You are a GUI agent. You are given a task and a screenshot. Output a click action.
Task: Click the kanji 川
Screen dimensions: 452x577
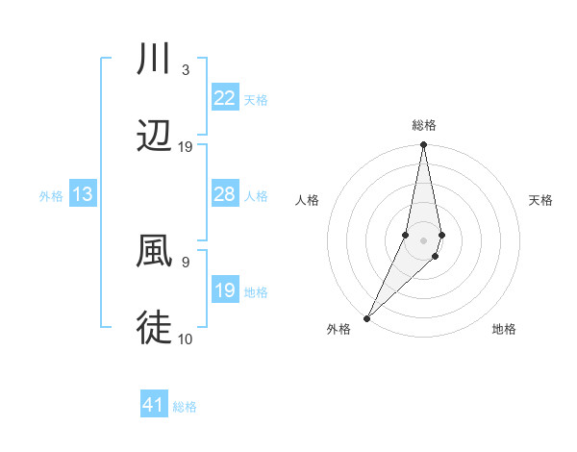pyautogui.click(x=155, y=60)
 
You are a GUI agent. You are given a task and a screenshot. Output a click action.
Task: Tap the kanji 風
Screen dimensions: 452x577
pyautogui.click(x=155, y=251)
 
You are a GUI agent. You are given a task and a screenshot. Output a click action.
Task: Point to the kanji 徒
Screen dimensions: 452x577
pyautogui.click(x=155, y=327)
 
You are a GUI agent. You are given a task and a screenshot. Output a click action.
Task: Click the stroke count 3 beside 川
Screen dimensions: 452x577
pyautogui.click(x=185, y=70)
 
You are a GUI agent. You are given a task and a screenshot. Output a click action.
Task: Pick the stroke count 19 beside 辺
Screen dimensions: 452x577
pyautogui.click(x=186, y=147)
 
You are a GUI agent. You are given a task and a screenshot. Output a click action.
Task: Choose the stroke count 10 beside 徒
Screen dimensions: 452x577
pyautogui.click(x=186, y=339)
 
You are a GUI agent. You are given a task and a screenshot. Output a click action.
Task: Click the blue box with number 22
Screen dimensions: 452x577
pyautogui.click(x=225, y=98)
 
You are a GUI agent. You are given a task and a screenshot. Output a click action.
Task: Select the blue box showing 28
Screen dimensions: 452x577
pyautogui.click(x=225, y=194)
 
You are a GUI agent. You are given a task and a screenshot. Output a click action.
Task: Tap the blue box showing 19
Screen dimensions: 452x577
pyautogui.click(x=225, y=290)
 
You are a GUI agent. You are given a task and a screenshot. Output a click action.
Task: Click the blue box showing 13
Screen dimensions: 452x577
pyautogui.click(x=83, y=194)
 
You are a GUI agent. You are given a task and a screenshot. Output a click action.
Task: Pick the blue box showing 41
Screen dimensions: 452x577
pyautogui.click(x=154, y=405)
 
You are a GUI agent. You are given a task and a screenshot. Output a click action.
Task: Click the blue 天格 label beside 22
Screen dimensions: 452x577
pyautogui.click(x=256, y=99)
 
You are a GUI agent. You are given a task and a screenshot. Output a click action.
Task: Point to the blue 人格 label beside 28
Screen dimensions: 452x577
pyautogui.click(x=256, y=195)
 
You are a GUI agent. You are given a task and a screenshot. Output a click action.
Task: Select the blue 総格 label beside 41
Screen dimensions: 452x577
pyautogui.click(x=185, y=406)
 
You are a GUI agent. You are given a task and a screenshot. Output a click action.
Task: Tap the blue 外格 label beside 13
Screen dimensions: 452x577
pyautogui.click(x=51, y=195)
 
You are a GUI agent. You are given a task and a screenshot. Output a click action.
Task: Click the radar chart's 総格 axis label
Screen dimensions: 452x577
pyautogui.click(x=424, y=125)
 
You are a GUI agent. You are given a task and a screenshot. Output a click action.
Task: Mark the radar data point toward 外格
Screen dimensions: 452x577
pyautogui.click(x=367, y=317)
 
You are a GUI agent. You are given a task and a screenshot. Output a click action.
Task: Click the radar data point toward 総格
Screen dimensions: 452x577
pyautogui.click(x=423, y=145)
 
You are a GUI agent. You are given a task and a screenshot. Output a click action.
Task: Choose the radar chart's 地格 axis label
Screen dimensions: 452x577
pyautogui.click(x=504, y=329)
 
